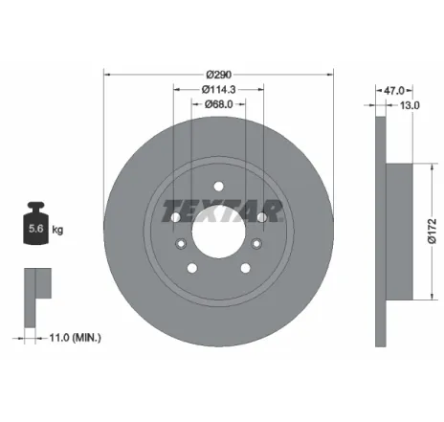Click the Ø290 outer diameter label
[219, 72]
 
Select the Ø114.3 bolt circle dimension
[219, 90]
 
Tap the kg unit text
[58, 230]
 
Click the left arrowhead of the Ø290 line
[107, 72]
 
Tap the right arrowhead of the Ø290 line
[330, 72]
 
